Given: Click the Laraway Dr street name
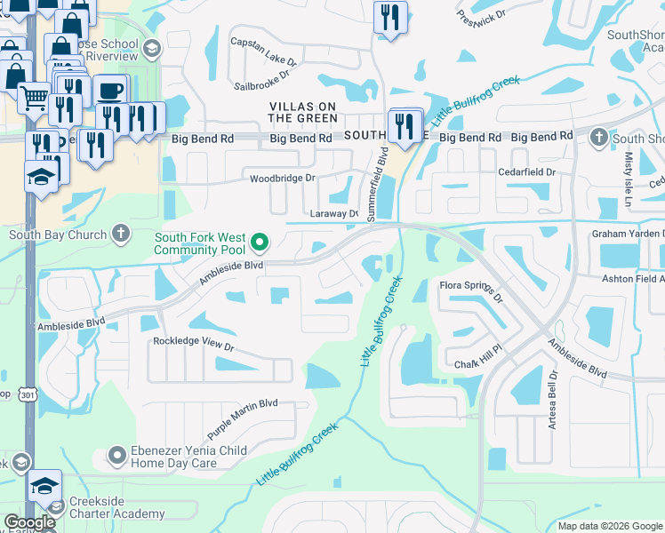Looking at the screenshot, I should coord(333,214).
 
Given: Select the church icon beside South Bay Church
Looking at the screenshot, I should coord(124,235).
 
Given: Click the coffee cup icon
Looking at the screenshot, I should coord(112,91).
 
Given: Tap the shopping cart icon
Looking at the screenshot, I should coord(34,98).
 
